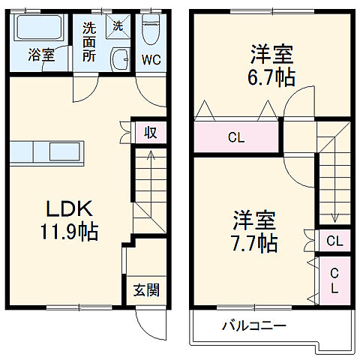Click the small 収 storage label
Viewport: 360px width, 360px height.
[x=150, y=133]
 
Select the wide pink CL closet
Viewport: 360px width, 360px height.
[x=236, y=137]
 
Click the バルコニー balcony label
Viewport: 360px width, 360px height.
[x=253, y=326]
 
